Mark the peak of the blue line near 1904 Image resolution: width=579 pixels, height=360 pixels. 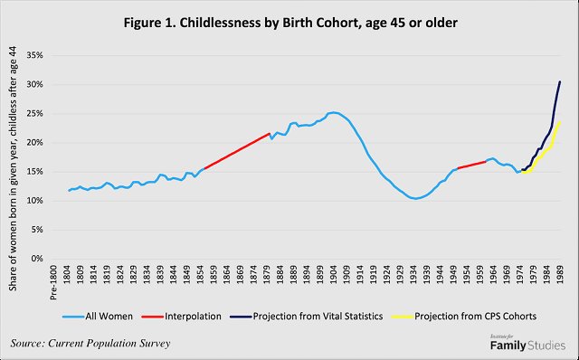coord(332,112)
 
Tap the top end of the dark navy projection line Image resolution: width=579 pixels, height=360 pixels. coord(560,81)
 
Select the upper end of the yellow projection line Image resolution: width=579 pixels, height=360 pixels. coord(560,122)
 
